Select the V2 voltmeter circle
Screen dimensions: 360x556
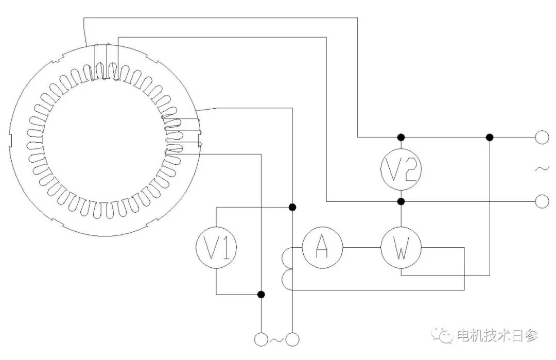click(x=401, y=169)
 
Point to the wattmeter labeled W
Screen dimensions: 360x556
click(x=401, y=248)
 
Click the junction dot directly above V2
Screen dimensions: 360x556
click(x=401, y=138)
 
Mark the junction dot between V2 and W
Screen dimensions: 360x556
click(x=401, y=201)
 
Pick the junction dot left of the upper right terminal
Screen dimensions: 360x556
click(x=490, y=138)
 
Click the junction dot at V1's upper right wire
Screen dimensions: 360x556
click(x=292, y=207)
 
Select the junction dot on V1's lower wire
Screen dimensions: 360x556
click(x=261, y=295)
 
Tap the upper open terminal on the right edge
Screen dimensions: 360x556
click(x=542, y=138)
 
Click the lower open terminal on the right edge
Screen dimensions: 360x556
click(x=542, y=201)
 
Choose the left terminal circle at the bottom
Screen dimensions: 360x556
click(x=261, y=339)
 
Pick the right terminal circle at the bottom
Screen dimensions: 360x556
click(x=293, y=339)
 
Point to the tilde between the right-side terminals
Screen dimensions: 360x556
click(x=542, y=169)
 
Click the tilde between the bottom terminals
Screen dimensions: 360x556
click(x=277, y=339)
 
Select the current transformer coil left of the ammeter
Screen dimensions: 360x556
click(x=286, y=268)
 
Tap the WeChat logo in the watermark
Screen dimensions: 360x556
click(x=443, y=336)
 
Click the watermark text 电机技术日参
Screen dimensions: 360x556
click(x=497, y=336)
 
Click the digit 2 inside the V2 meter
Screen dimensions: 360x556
click(x=409, y=169)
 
